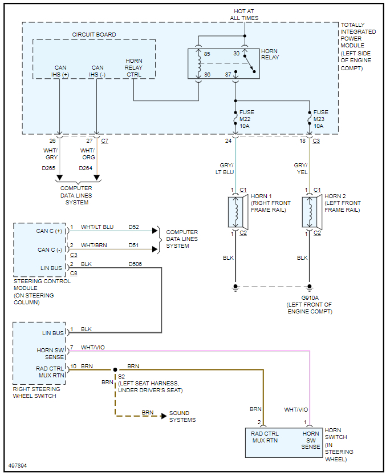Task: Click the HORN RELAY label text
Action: pyautogui.click(x=270, y=54)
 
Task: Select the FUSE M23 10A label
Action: pyautogui.click(x=321, y=119)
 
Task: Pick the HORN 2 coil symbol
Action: pyautogui.click(x=310, y=212)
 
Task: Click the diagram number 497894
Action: pyautogui.click(x=18, y=466)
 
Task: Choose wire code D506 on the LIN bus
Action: pyautogui.click(x=136, y=264)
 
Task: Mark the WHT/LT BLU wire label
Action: pyautogui.click(x=97, y=227)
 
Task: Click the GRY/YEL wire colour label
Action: pyautogui.click(x=300, y=168)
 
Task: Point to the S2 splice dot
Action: pyautogui.click(x=115, y=370)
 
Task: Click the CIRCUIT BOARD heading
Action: pyautogui.click(x=94, y=35)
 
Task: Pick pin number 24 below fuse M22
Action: pyautogui.click(x=229, y=140)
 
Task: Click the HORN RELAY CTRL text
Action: pyautogui.click(x=134, y=67)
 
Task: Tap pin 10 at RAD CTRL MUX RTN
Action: pyautogui.click(x=74, y=366)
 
